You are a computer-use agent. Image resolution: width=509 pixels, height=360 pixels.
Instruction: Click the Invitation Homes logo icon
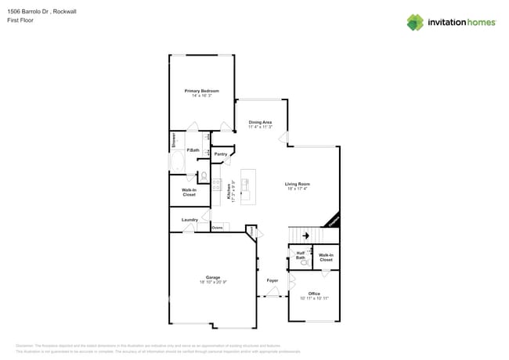[x=415, y=22]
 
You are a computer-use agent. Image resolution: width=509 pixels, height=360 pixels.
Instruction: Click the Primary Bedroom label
[x=202, y=91]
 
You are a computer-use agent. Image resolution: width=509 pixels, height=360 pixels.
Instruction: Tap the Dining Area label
[x=260, y=122]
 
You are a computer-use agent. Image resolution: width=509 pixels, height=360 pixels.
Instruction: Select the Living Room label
[x=298, y=184]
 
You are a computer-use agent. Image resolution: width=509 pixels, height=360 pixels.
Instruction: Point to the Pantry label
[x=221, y=154]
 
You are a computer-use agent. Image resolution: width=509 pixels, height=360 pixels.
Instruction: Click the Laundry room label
[x=190, y=220]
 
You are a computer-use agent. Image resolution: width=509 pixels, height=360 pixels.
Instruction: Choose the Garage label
[x=213, y=277]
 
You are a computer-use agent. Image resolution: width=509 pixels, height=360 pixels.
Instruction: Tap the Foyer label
[x=273, y=280]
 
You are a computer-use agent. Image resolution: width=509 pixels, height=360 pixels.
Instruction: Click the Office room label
[x=314, y=293]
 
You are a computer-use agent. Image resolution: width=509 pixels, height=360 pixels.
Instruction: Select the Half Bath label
[x=301, y=254]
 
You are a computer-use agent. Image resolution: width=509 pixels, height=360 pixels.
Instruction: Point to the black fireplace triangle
[x=334, y=221]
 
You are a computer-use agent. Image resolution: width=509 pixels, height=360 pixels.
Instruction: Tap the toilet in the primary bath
[x=204, y=176]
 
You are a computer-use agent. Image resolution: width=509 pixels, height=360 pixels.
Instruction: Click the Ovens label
[x=217, y=228]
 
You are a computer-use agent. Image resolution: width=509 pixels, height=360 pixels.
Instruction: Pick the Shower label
[x=174, y=141]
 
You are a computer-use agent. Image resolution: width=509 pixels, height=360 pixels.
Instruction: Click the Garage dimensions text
[x=213, y=282]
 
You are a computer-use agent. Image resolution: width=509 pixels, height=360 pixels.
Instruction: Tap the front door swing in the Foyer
[x=273, y=293]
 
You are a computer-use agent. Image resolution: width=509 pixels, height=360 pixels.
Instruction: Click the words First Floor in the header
[x=19, y=20]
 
